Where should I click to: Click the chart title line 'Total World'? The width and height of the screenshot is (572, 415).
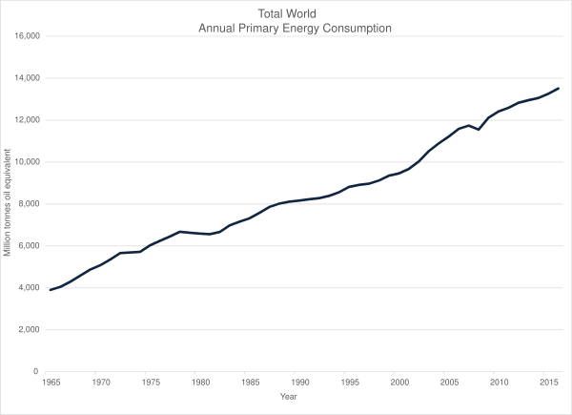[296, 13]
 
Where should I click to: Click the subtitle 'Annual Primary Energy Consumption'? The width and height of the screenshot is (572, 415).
[296, 28]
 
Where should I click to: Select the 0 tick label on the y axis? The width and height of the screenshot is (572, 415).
[35, 372]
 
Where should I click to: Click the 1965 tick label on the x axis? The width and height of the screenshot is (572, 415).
[50, 382]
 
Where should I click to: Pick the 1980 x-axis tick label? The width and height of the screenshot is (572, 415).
[199, 382]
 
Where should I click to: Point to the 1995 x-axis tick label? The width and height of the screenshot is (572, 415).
[349, 382]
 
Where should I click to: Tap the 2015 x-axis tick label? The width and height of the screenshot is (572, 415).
[548, 382]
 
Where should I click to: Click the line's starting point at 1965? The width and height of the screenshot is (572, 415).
[50, 290]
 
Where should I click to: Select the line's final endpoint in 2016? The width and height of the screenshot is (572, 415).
[559, 88]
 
